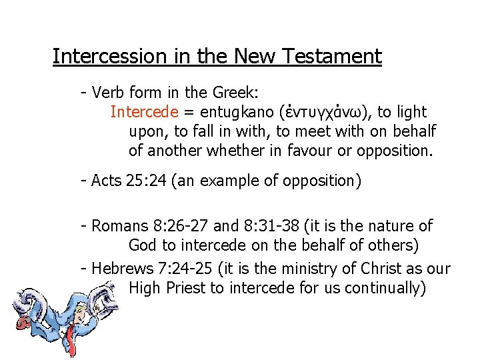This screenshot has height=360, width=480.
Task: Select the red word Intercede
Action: [144, 111]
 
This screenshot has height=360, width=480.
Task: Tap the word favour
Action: [309, 151]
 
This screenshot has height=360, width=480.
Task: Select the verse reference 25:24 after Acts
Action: [145, 181]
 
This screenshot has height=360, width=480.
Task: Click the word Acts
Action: [106, 181]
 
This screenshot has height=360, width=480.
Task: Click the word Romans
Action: [116, 226]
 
